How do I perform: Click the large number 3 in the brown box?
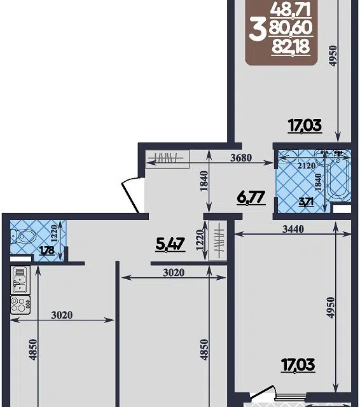(x=258, y=30)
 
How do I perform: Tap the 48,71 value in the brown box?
(x=291, y=11)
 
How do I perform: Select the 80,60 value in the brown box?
(x=291, y=28)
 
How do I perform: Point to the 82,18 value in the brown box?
(x=291, y=47)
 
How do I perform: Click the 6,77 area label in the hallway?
(x=251, y=198)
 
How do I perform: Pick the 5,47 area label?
(x=170, y=244)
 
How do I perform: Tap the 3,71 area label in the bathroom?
(x=307, y=202)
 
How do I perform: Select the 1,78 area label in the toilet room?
(x=47, y=251)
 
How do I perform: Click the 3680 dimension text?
(x=241, y=158)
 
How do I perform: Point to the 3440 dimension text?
(x=293, y=229)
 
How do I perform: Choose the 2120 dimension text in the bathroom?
(x=307, y=165)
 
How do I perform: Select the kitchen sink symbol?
(x=20, y=280)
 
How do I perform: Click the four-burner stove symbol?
(x=20, y=305)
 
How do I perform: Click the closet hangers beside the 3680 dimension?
(x=166, y=158)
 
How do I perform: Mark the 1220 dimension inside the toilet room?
(x=54, y=233)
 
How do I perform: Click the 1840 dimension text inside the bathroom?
(x=318, y=183)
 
